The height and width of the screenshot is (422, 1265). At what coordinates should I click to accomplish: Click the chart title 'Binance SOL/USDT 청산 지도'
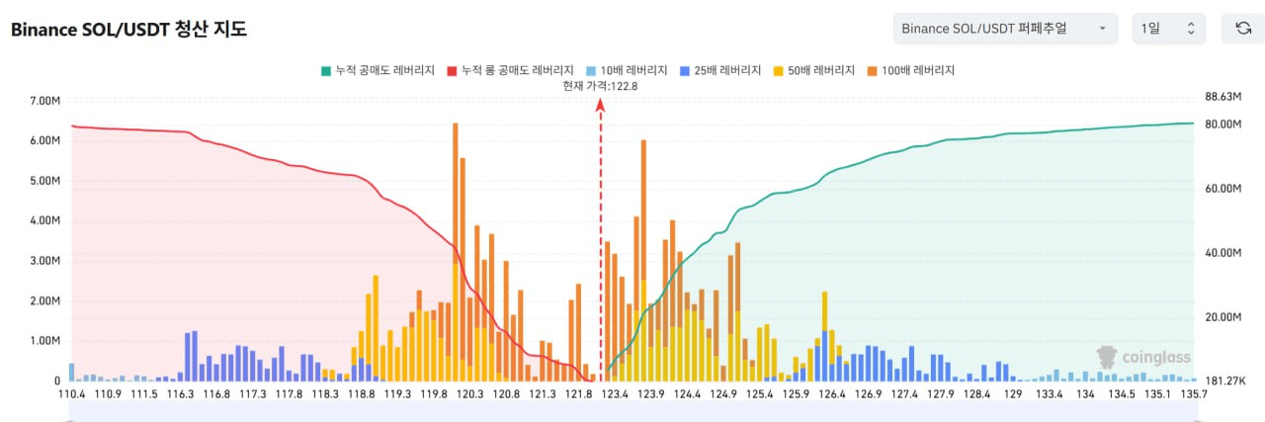point(128,30)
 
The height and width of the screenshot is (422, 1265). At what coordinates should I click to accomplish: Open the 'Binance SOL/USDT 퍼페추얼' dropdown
point(1004,29)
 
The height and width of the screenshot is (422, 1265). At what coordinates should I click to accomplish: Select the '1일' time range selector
point(1168,29)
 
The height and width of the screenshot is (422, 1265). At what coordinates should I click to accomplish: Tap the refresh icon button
point(1243,29)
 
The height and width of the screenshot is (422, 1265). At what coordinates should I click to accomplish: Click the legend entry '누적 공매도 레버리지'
point(378,70)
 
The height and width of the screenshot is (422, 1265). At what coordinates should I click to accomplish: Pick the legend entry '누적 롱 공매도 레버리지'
point(511,70)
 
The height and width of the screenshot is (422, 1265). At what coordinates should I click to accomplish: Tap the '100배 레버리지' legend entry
point(916,70)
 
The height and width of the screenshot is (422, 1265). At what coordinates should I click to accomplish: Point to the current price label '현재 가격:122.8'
point(600,86)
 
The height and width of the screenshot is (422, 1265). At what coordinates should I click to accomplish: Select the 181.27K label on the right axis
point(1223,380)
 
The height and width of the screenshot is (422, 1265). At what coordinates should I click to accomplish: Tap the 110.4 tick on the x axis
point(72,394)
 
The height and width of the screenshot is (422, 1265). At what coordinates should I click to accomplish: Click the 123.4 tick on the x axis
point(616,394)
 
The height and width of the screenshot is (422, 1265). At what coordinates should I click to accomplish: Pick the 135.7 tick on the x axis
point(1193,394)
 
